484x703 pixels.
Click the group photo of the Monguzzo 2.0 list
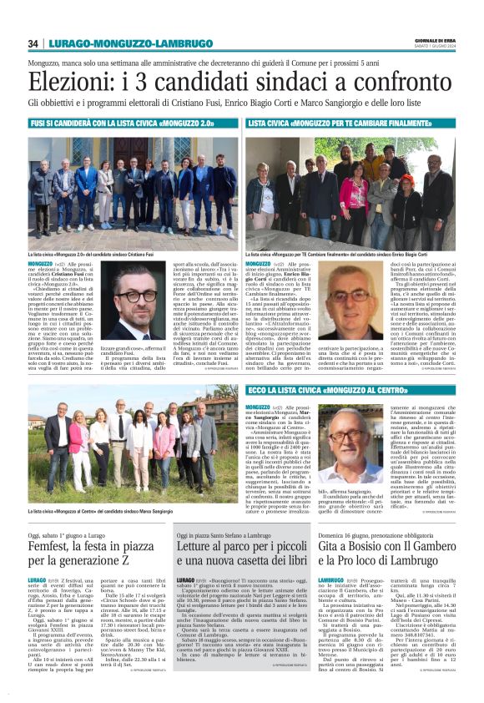[x=133, y=190]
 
